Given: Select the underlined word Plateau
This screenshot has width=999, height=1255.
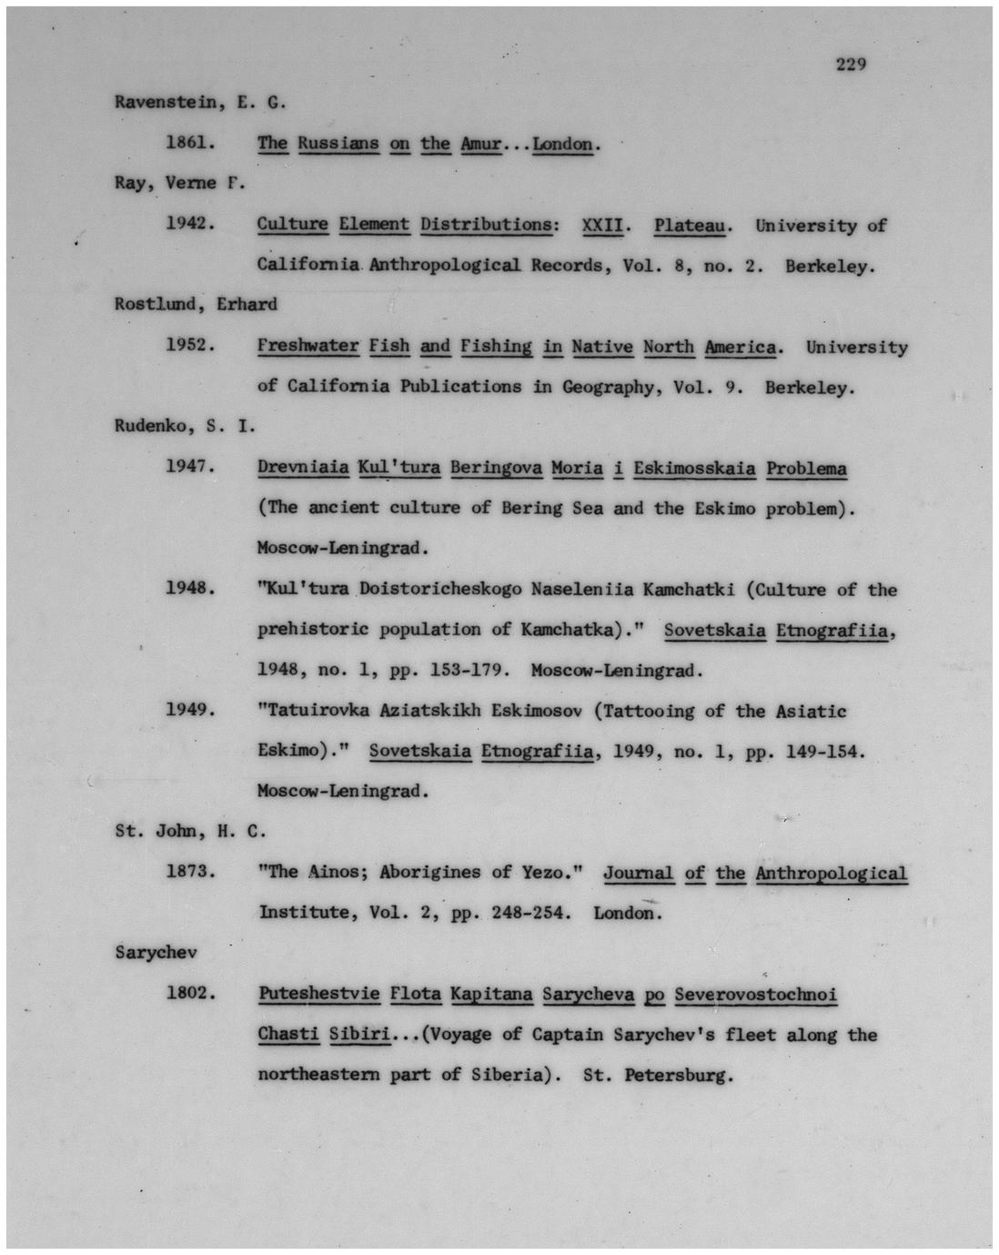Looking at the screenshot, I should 689,225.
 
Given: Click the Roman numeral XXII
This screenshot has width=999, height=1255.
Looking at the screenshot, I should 601,225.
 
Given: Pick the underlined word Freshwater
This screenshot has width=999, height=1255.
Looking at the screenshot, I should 308,346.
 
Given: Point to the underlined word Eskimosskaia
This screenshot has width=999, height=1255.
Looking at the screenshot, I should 694,468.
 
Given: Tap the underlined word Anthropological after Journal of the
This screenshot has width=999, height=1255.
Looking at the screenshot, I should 831,873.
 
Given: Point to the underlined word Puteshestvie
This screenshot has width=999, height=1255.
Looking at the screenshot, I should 318,993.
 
